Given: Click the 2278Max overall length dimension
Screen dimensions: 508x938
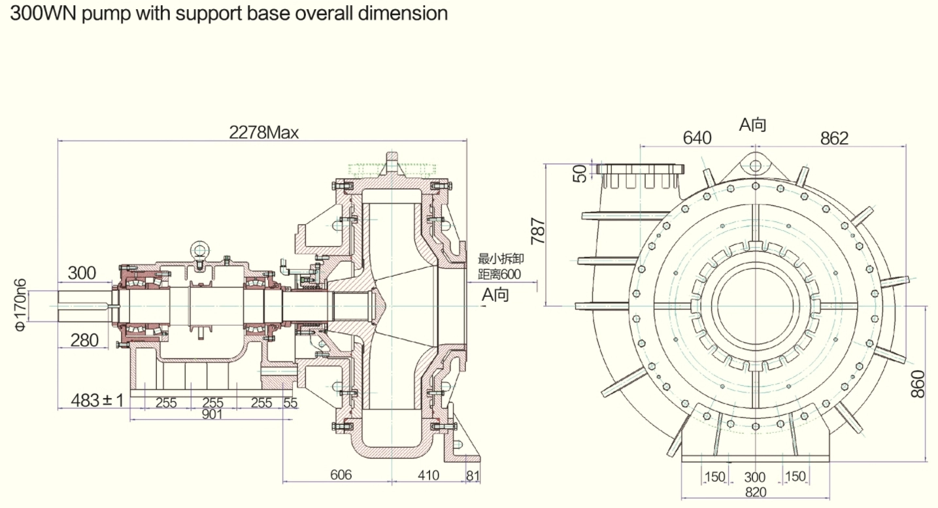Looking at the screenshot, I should [263, 133].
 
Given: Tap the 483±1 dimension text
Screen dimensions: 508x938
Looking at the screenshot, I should [97, 399].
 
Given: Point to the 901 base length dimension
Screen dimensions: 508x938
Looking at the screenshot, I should [212, 414].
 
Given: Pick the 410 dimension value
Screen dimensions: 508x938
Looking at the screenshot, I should [428, 475].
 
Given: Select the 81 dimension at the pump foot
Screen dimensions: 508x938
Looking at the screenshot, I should [473, 475].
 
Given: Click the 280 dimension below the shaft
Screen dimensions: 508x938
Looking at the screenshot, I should [84, 339].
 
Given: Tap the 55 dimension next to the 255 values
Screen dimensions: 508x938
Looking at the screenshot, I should [290, 403].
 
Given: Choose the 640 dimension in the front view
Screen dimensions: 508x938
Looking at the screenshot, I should [696, 138].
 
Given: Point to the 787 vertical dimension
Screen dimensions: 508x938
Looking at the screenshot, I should [538, 231].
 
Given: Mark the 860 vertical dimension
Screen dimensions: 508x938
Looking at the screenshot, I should [918, 384].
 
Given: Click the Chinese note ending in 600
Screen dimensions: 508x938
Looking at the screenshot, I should [500, 267].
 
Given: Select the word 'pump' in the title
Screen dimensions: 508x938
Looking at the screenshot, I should [108, 13].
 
